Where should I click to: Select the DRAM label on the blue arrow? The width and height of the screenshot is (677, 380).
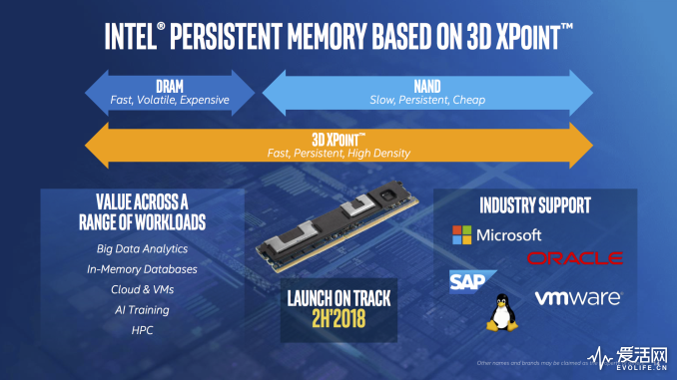169,86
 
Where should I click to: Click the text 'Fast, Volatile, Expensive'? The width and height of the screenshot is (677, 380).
169,100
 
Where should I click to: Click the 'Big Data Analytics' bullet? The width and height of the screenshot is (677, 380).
142,248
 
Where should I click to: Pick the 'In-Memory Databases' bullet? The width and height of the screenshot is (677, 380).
142,269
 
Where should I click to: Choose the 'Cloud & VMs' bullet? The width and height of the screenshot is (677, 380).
142,290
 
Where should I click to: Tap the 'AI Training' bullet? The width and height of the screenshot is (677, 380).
142,310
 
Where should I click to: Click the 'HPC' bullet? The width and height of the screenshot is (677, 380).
142,331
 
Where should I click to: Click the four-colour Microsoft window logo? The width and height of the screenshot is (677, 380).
461,234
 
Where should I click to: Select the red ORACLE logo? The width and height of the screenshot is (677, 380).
575,258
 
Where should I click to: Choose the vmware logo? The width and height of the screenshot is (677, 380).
578,297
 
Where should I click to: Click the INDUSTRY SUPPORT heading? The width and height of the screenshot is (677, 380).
535,205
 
